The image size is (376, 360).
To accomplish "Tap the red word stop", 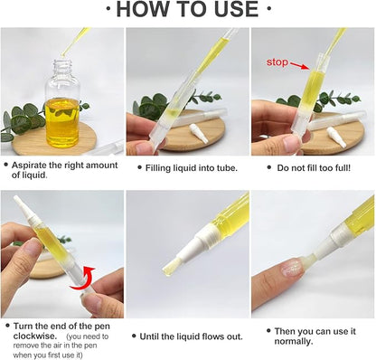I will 276,63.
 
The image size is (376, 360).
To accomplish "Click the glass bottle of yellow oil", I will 61,108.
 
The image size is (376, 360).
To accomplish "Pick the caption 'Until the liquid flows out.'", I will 191,336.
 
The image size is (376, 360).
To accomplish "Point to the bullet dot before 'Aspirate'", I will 7,166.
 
